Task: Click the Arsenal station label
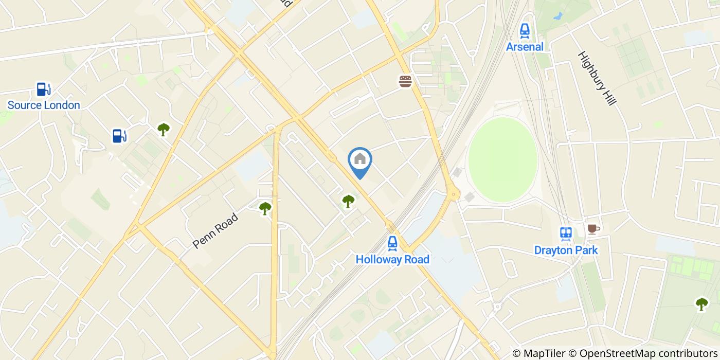tap(525, 47)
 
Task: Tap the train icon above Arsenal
tap(525, 31)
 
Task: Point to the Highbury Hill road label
tap(597, 78)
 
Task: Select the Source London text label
tap(44, 105)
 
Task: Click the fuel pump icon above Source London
tap(43, 89)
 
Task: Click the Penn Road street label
tap(215, 231)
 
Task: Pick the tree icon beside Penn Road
tap(265, 208)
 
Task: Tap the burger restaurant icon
tap(406, 81)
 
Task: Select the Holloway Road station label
tap(392, 259)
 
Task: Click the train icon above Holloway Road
tap(392, 243)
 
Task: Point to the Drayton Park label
tap(566, 250)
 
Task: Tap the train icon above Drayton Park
tap(566, 234)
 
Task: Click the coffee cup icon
tap(593, 229)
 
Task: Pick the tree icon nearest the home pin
tap(348, 201)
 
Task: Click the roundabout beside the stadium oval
tap(453, 194)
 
